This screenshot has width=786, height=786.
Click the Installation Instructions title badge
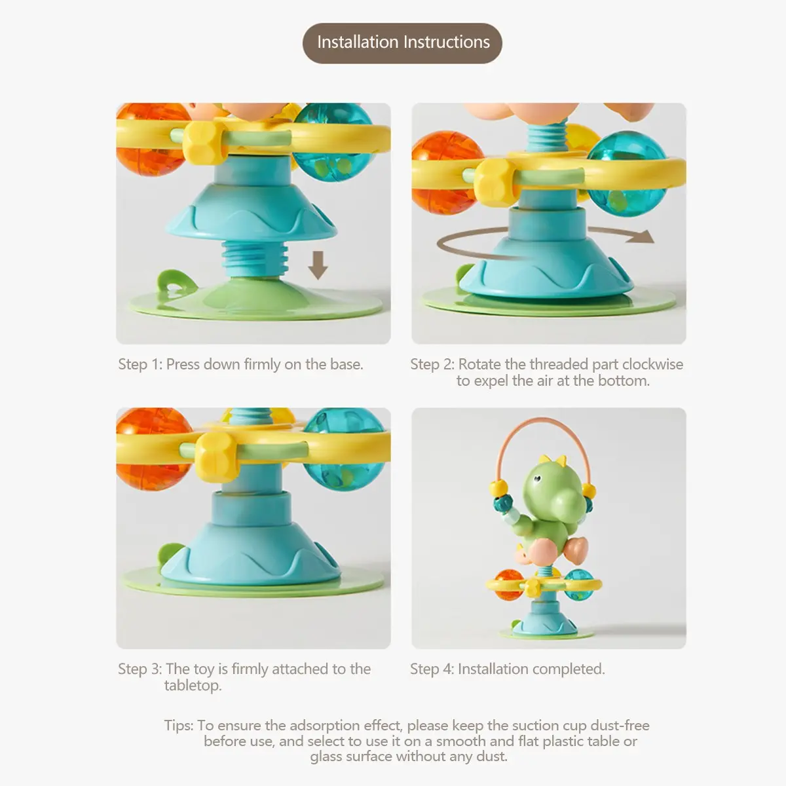(x=402, y=43)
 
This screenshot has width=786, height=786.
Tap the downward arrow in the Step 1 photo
(x=318, y=265)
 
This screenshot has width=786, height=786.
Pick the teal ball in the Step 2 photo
(x=626, y=174)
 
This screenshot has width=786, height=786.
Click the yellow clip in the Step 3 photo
(x=217, y=457)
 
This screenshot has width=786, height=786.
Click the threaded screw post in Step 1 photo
(x=255, y=259)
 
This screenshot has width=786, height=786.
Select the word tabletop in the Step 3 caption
(x=193, y=686)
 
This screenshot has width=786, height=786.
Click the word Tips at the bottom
(x=179, y=726)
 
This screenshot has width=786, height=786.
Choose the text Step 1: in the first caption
(x=140, y=364)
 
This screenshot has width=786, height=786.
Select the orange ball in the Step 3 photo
(x=154, y=449)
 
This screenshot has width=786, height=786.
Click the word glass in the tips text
(x=326, y=757)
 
